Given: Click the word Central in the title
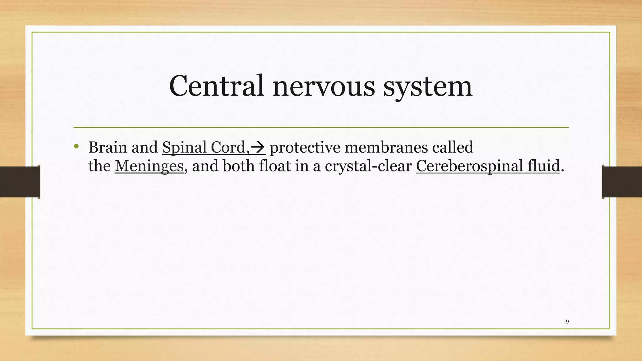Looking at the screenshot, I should [x=216, y=86].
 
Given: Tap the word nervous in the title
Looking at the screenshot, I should [x=323, y=86].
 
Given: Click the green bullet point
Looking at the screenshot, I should [x=76, y=146].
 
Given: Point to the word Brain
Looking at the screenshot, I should [x=108, y=147].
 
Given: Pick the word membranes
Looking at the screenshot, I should [x=386, y=147].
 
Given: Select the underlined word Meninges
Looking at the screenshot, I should [x=149, y=166].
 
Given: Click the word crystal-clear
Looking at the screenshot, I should [x=368, y=166].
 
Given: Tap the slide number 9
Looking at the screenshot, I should [x=567, y=322].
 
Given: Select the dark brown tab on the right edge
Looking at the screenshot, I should [x=622, y=182].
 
